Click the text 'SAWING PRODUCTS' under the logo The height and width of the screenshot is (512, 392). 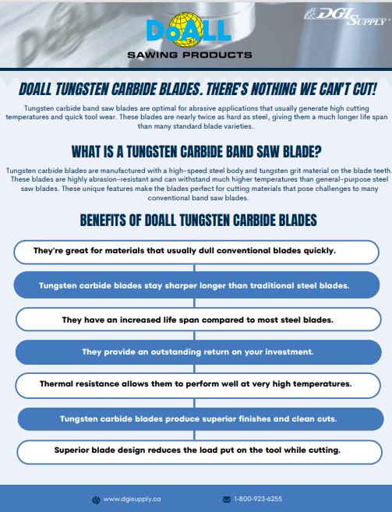click(189, 55)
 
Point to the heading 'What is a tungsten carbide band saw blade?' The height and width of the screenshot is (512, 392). click(196, 150)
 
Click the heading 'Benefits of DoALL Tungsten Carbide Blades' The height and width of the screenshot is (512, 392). click(198, 220)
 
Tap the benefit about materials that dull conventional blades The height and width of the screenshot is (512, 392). click(196, 251)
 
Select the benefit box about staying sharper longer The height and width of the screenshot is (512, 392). click(196, 285)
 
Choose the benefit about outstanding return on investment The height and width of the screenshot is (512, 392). click(197, 352)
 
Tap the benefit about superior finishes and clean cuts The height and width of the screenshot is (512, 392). click(198, 418)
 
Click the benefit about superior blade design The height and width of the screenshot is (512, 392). click(196, 450)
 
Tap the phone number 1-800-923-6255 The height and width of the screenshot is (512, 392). click(258, 499)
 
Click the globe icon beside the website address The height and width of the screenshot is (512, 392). click(96, 500)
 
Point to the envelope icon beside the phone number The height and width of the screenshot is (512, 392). click(227, 499)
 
